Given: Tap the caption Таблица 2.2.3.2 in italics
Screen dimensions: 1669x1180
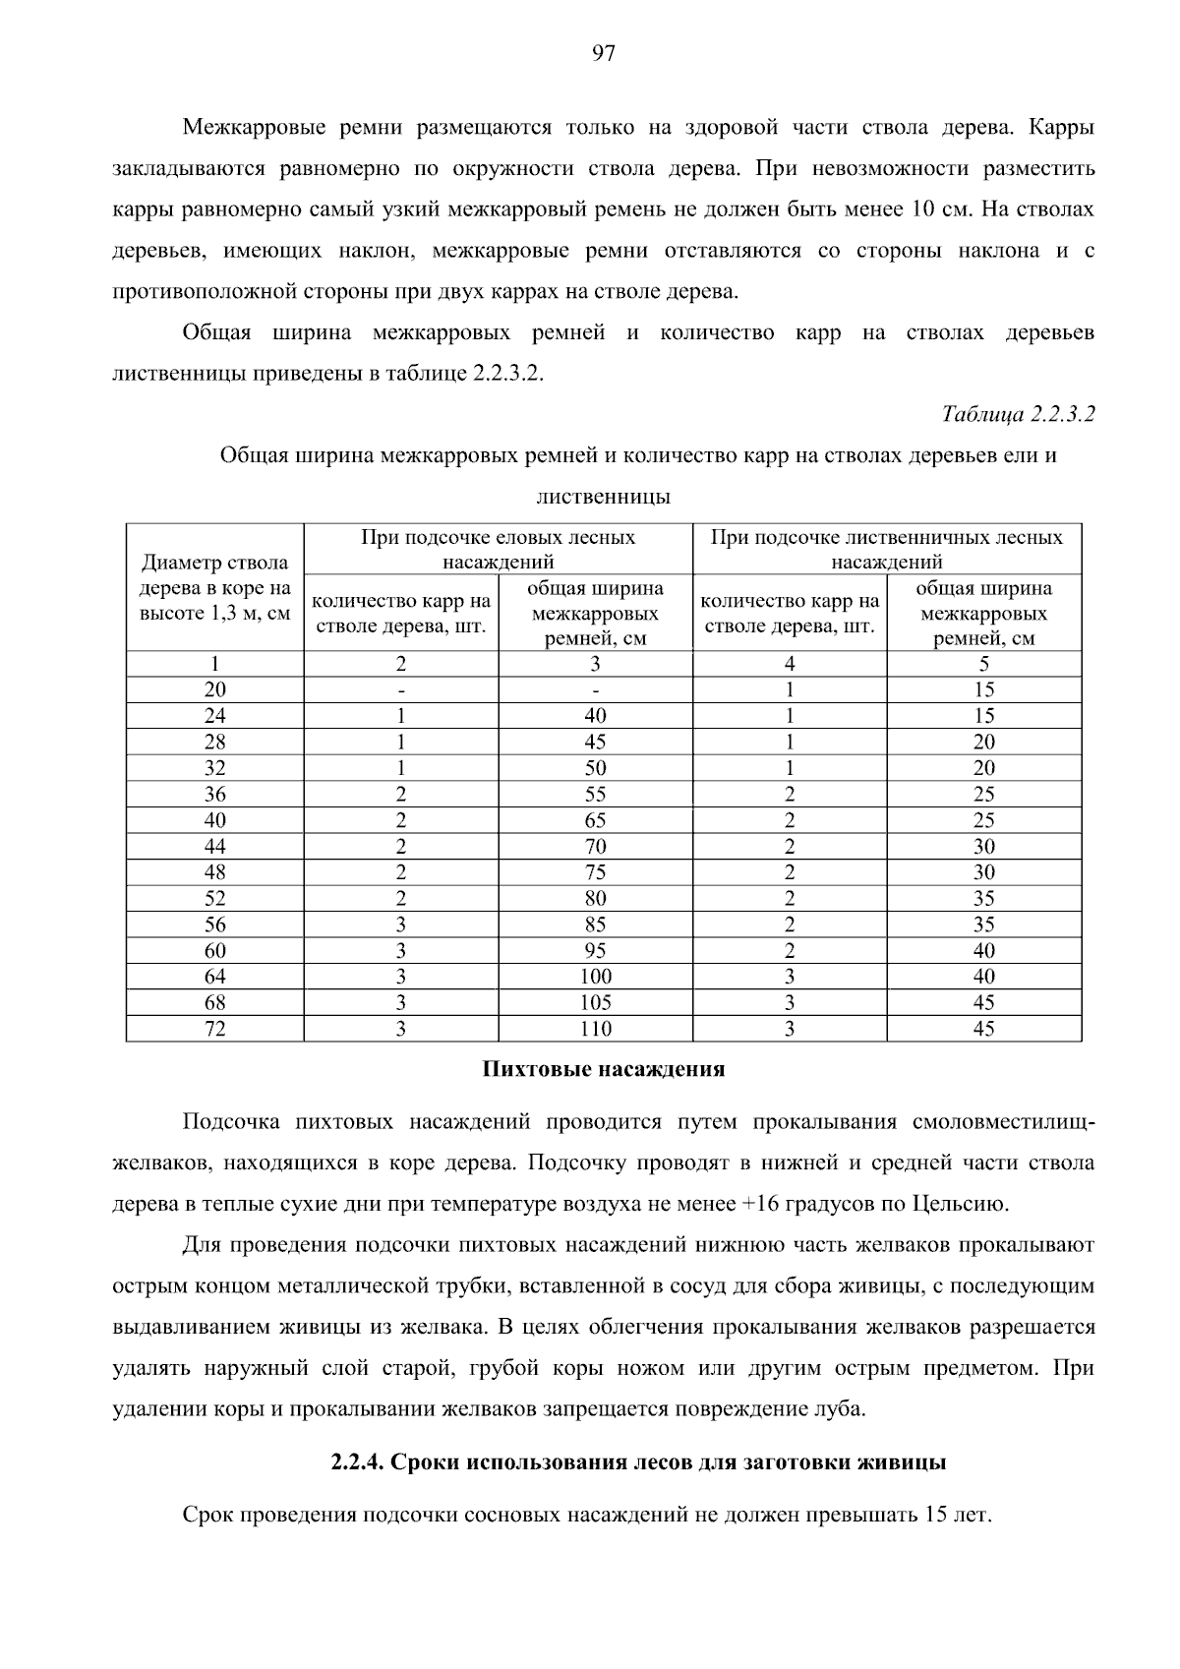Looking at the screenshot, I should (1019, 414).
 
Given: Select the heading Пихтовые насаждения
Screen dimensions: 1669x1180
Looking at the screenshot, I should (603, 1069).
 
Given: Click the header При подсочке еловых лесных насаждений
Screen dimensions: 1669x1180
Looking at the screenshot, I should (498, 550).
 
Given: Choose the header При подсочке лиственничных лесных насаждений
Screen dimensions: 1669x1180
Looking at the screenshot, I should (886, 550).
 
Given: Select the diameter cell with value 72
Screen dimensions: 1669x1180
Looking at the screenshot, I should (214, 1029).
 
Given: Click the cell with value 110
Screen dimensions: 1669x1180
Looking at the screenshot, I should (595, 1029).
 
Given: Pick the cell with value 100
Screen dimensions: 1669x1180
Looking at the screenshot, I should (595, 977).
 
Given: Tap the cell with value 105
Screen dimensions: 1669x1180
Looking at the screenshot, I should (595, 1002).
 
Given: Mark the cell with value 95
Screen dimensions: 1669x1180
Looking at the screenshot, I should (595, 950).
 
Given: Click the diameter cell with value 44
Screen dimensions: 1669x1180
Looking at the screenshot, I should (214, 846).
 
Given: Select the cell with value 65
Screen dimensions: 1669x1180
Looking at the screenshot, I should (595, 820).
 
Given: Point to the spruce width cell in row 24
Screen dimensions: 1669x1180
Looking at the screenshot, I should (595, 716).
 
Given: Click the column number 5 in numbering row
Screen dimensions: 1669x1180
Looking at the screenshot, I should (983, 664).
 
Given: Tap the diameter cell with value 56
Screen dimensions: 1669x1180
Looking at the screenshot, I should (214, 924).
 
